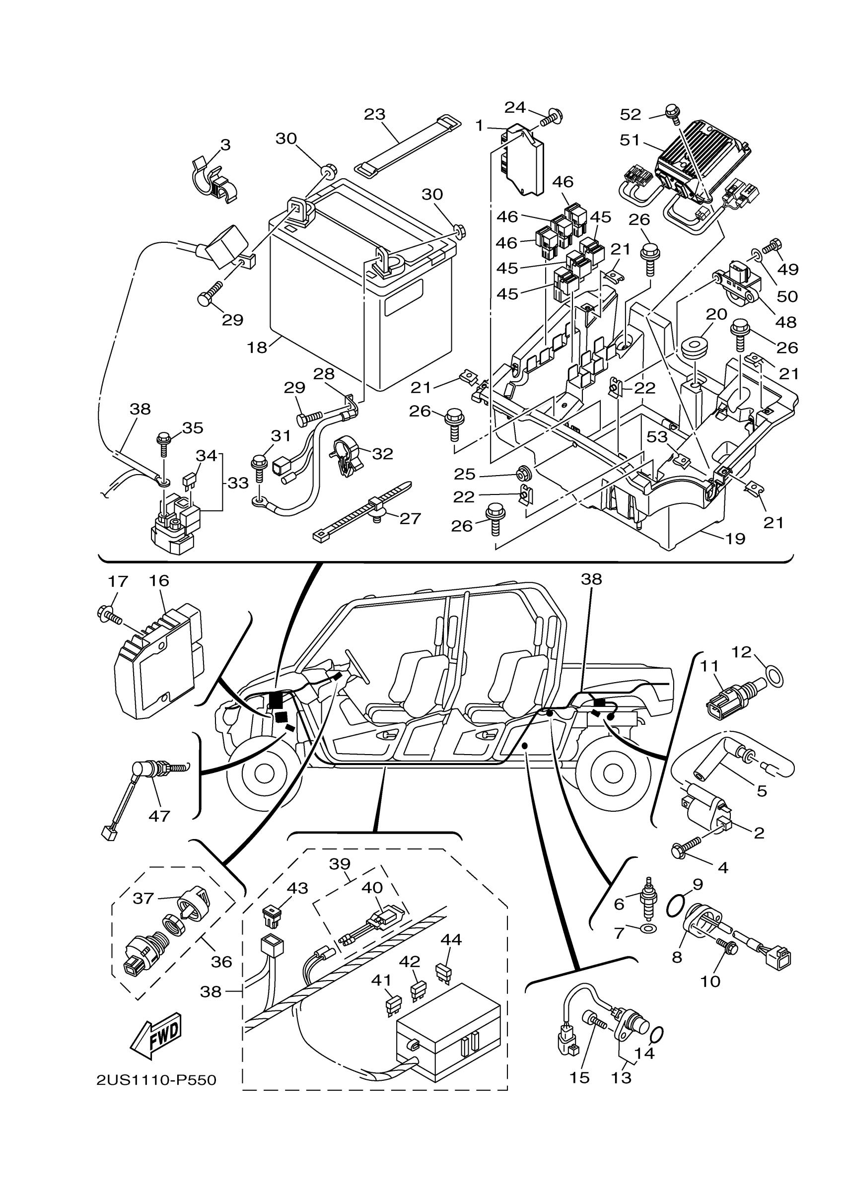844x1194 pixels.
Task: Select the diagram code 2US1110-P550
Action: coord(156,1080)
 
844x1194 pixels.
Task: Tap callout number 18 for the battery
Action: coord(257,348)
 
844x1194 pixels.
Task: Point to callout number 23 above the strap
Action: coord(374,114)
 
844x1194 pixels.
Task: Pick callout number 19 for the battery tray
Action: coord(735,539)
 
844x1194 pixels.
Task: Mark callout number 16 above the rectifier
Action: coord(159,581)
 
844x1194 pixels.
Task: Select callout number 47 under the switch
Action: coord(159,816)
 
